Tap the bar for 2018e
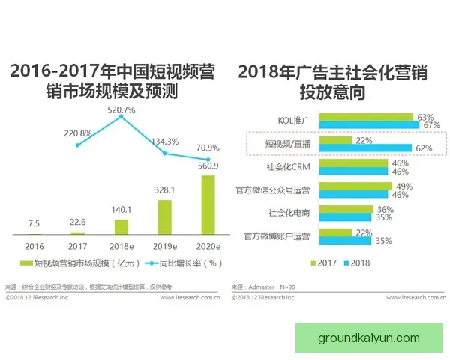tap(121, 226)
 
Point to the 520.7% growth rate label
tap(121, 109)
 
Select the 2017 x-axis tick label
tap(78, 244)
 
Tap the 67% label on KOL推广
tap(428, 125)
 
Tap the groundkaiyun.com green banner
tap(368, 337)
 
